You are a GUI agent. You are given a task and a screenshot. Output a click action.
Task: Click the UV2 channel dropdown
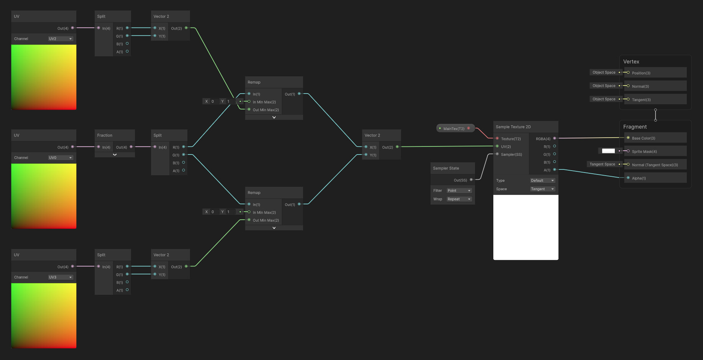pyautogui.click(x=61, y=39)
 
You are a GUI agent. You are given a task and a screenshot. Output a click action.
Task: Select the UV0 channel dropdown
pyautogui.click(x=61, y=158)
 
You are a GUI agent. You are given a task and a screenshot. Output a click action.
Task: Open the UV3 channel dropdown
pyautogui.click(x=61, y=277)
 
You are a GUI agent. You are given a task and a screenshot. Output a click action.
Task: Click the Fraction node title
pyautogui.click(x=105, y=135)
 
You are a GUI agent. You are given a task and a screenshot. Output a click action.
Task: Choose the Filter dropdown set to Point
pyautogui.click(x=459, y=191)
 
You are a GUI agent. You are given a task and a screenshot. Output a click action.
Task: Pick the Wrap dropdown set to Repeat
pyautogui.click(x=459, y=199)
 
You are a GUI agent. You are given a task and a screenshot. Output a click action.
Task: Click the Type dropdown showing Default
pyautogui.click(x=542, y=181)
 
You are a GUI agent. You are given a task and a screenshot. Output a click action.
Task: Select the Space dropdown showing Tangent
pyautogui.click(x=542, y=189)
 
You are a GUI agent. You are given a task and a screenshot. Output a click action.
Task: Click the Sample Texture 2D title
pyautogui.click(x=513, y=127)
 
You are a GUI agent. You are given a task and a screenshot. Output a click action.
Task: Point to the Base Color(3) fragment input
pyautogui.click(x=643, y=138)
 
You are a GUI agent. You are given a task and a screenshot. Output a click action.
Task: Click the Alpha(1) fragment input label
pyautogui.click(x=639, y=178)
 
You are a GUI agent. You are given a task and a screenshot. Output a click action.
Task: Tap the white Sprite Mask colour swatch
pyautogui.click(x=608, y=151)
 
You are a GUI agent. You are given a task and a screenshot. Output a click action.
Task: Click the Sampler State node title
pyautogui.click(x=446, y=168)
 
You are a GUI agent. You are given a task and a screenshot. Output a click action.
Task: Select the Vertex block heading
pyautogui.click(x=631, y=62)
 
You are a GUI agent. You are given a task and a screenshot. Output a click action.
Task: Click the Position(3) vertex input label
pyautogui.click(x=641, y=73)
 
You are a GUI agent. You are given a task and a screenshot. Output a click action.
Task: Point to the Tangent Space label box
pyautogui.click(x=602, y=164)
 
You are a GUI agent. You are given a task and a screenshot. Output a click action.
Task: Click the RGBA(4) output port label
pyautogui.click(x=543, y=139)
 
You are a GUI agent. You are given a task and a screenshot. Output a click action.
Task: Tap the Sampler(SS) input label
pyautogui.click(x=511, y=155)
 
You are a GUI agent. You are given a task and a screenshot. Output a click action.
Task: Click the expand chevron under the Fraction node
pyautogui.click(x=115, y=155)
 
